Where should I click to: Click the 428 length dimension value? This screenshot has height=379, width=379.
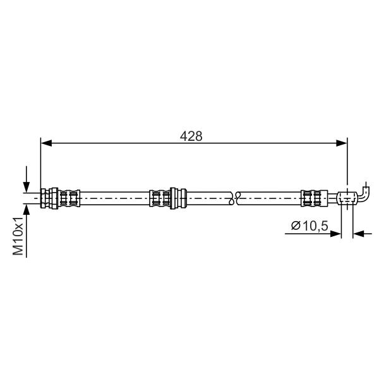pos(191,136)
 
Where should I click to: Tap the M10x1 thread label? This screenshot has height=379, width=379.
pos(18,236)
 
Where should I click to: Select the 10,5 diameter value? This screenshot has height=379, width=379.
pos(315,226)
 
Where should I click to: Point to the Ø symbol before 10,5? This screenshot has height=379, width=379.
pos(296,226)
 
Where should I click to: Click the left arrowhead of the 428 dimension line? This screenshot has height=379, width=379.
pos(46,143)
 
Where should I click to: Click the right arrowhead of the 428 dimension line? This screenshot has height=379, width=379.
pos(342,143)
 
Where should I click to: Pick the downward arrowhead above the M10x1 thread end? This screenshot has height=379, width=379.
pos(27,187)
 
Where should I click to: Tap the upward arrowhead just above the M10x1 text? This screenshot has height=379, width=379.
pos(27,209)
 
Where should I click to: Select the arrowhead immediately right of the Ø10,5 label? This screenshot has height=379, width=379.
pos(336,234)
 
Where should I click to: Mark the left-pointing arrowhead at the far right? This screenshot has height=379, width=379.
pos(358,234)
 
